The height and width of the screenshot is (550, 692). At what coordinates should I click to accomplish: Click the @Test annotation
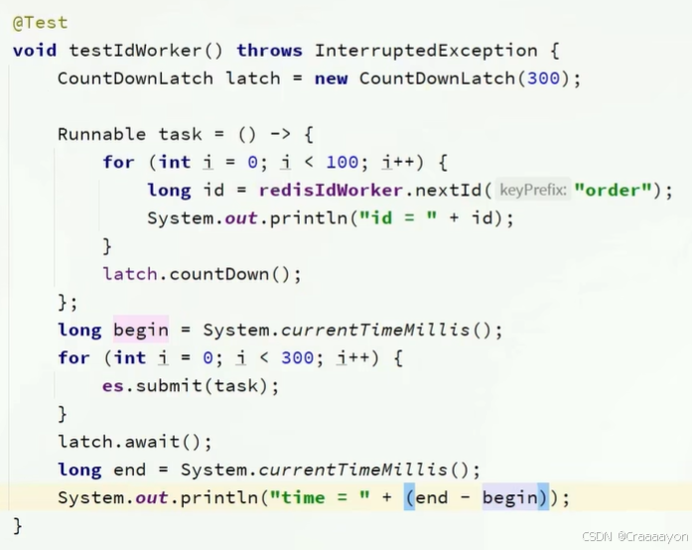click(x=40, y=21)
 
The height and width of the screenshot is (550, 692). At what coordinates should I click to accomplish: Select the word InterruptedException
click(x=426, y=50)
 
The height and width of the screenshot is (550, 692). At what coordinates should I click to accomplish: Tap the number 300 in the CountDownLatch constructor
click(x=543, y=77)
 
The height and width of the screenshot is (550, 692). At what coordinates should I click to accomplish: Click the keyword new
click(x=331, y=77)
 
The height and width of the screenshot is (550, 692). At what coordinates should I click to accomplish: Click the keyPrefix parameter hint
click(x=532, y=190)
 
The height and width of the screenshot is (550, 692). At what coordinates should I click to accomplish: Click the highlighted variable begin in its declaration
click(x=141, y=330)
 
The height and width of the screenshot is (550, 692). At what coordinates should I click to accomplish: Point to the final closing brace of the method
click(x=17, y=524)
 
